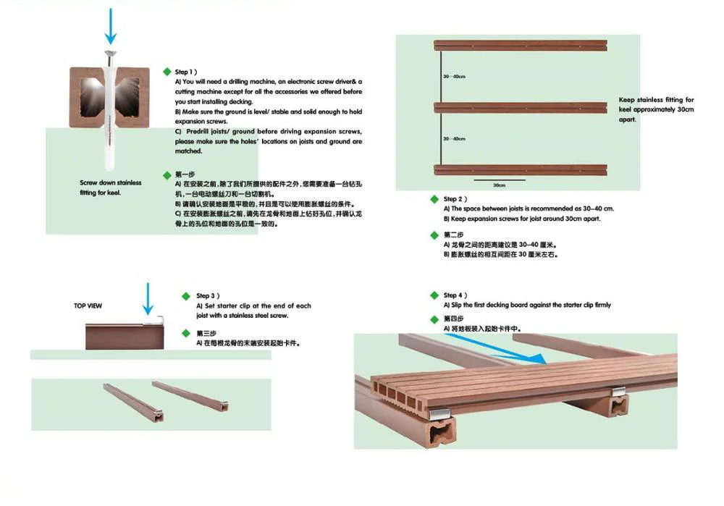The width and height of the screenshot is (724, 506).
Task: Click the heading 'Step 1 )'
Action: (186, 72)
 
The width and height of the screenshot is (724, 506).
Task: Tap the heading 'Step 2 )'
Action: (455, 199)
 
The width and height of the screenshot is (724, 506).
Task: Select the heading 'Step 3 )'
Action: (208, 296)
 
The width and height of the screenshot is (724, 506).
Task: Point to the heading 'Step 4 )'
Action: (455, 295)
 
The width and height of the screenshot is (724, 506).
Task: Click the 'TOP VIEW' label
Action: (88, 305)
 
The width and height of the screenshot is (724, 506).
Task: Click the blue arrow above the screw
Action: (110, 26)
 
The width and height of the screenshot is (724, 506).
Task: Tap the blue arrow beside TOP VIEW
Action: (148, 299)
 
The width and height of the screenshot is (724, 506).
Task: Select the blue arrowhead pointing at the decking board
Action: (538, 358)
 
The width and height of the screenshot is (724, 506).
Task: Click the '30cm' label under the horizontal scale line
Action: (499, 185)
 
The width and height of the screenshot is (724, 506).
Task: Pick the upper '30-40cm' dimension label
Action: (455, 76)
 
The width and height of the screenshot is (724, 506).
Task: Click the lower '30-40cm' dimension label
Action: (455, 138)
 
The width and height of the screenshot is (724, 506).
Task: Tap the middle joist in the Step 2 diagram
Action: (521, 108)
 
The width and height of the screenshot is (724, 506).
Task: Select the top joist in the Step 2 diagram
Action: (521, 46)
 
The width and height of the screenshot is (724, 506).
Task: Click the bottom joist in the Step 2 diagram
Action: (521, 170)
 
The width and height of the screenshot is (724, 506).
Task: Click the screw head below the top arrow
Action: (110, 54)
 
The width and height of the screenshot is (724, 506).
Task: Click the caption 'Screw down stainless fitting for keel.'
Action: (110, 187)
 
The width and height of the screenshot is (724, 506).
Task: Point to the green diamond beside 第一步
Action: (167, 175)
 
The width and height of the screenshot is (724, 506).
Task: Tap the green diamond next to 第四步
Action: (434, 319)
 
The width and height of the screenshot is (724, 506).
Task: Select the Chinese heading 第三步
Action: (206, 333)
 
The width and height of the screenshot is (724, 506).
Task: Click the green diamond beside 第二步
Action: (434, 235)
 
